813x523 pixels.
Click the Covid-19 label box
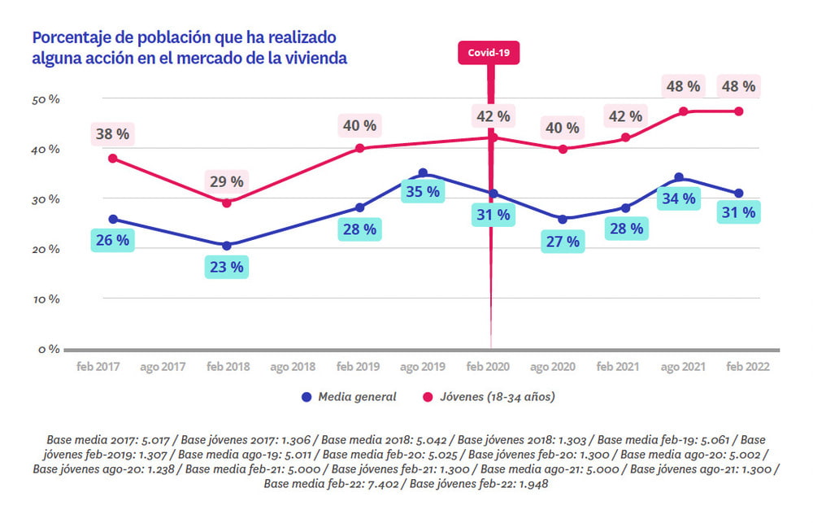tap(489, 53)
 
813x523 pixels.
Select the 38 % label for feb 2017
tap(111, 133)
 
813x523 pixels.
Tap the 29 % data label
tap(226, 181)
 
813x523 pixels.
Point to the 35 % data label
tap(422, 192)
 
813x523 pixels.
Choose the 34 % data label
tap(680, 198)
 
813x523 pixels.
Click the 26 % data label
tap(113, 241)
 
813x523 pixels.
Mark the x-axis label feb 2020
tap(488, 367)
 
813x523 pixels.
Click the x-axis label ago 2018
tap(293, 367)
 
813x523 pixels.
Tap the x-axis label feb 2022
tap(746, 367)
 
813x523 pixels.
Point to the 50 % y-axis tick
tap(46, 99)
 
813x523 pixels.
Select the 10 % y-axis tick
tap(46, 299)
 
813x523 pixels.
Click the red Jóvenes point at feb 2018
tap(227, 203)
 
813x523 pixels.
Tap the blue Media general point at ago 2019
tap(423, 172)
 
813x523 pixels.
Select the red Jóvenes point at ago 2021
tap(684, 111)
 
